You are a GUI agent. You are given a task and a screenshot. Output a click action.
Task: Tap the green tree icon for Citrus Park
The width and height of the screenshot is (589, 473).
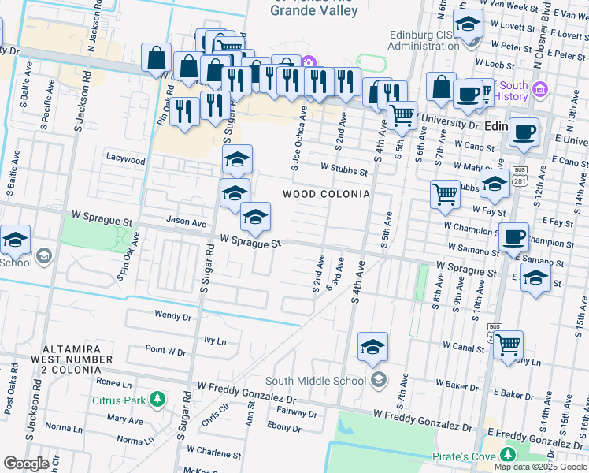(x=157, y=400)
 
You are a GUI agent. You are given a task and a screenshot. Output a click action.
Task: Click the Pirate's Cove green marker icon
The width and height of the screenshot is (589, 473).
(x=506, y=456)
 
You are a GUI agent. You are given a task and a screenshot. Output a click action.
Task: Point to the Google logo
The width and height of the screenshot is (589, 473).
(x=26, y=463)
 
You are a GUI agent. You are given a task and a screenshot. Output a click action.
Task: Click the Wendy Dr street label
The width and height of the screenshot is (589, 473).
(x=172, y=315)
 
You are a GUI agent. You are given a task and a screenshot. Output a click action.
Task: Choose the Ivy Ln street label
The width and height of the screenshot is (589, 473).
(x=215, y=341)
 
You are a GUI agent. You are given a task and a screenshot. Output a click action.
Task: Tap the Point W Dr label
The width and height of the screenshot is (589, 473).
(x=165, y=349)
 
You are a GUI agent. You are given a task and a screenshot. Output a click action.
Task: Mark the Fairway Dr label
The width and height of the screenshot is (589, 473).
(x=296, y=412)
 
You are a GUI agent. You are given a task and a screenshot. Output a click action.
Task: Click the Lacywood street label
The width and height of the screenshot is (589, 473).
(x=126, y=159)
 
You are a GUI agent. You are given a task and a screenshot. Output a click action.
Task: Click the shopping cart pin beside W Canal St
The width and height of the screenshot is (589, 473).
(x=509, y=345)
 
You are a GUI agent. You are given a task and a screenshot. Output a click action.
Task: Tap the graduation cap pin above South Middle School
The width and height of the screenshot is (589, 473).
(x=372, y=346)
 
